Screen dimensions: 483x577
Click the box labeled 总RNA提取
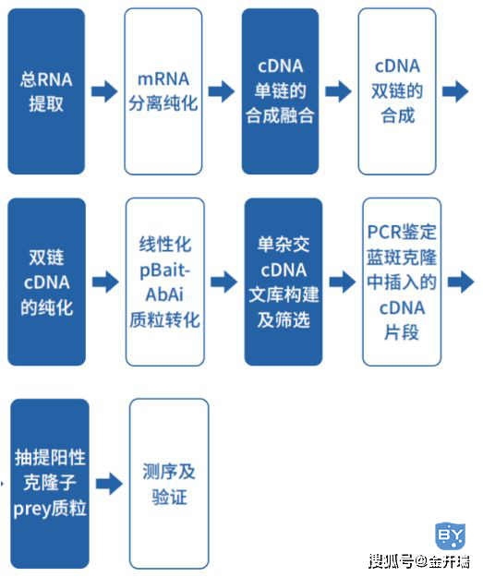[x=46, y=91]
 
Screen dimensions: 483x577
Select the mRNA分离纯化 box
[x=163, y=91]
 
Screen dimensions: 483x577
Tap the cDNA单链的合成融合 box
[x=280, y=91]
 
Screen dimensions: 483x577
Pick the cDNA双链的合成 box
[x=397, y=91]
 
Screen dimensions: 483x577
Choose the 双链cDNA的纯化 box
[x=47, y=282]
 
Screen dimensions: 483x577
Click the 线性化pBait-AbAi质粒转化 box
[x=165, y=282]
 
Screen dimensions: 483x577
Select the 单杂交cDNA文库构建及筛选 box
[x=284, y=282]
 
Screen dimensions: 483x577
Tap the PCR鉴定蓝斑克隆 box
[x=402, y=282]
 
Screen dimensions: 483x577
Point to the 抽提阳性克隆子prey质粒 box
[x=50, y=484]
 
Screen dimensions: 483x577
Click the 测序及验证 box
[x=169, y=484]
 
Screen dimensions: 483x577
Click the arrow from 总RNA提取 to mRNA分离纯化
[x=104, y=91]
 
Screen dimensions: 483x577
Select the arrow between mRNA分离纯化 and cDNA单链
[x=222, y=91]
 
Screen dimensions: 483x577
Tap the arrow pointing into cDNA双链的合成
[x=338, y=91]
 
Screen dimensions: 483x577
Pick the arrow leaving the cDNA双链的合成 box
[x=455, y=91]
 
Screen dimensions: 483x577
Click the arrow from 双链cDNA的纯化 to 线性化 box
[x=105, y=282]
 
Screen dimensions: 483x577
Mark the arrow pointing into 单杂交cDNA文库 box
[x=224, y=282]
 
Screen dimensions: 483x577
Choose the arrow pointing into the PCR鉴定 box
[x=343, y=282]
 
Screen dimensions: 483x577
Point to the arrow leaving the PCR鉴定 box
[x=461, y=282]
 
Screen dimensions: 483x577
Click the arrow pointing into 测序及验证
[x=109, y=484]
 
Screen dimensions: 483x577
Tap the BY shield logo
[x=450, y=535]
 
